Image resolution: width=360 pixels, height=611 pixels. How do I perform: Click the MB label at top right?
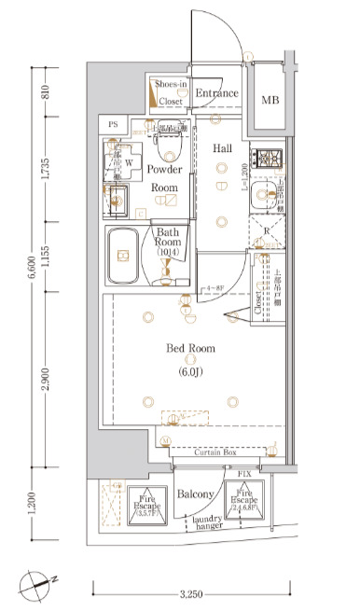click(x=270, y=100)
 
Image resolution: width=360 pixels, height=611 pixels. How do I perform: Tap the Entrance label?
click(x=217, y=93)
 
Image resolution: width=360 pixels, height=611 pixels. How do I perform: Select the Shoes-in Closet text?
click(x=171, y=93)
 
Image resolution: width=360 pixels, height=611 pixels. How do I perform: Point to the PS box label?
click(x=113, y=124)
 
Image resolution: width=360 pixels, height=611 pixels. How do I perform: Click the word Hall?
click(x=222, y=148)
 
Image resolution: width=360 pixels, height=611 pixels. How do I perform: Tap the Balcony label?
click(x=195, y=494)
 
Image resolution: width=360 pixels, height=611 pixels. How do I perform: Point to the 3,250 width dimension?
click(x=191, y=593)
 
